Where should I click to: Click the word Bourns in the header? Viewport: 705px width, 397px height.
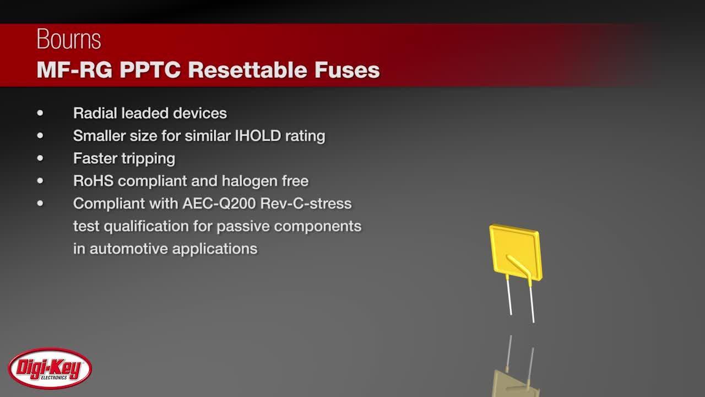click(x=69, y=40)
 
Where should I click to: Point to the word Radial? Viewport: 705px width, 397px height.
click(x=95, y=113)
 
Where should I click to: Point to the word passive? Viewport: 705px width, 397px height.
click(x=242, y=226)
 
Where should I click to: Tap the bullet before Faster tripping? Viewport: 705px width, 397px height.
click(x=40, y=158)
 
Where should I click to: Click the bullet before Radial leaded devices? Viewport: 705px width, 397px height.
click(x=40, y=113)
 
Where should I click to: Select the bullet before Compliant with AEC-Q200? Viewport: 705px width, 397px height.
click(x=40, y=203)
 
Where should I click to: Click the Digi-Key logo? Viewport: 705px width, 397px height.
click(x=50, y=368)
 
